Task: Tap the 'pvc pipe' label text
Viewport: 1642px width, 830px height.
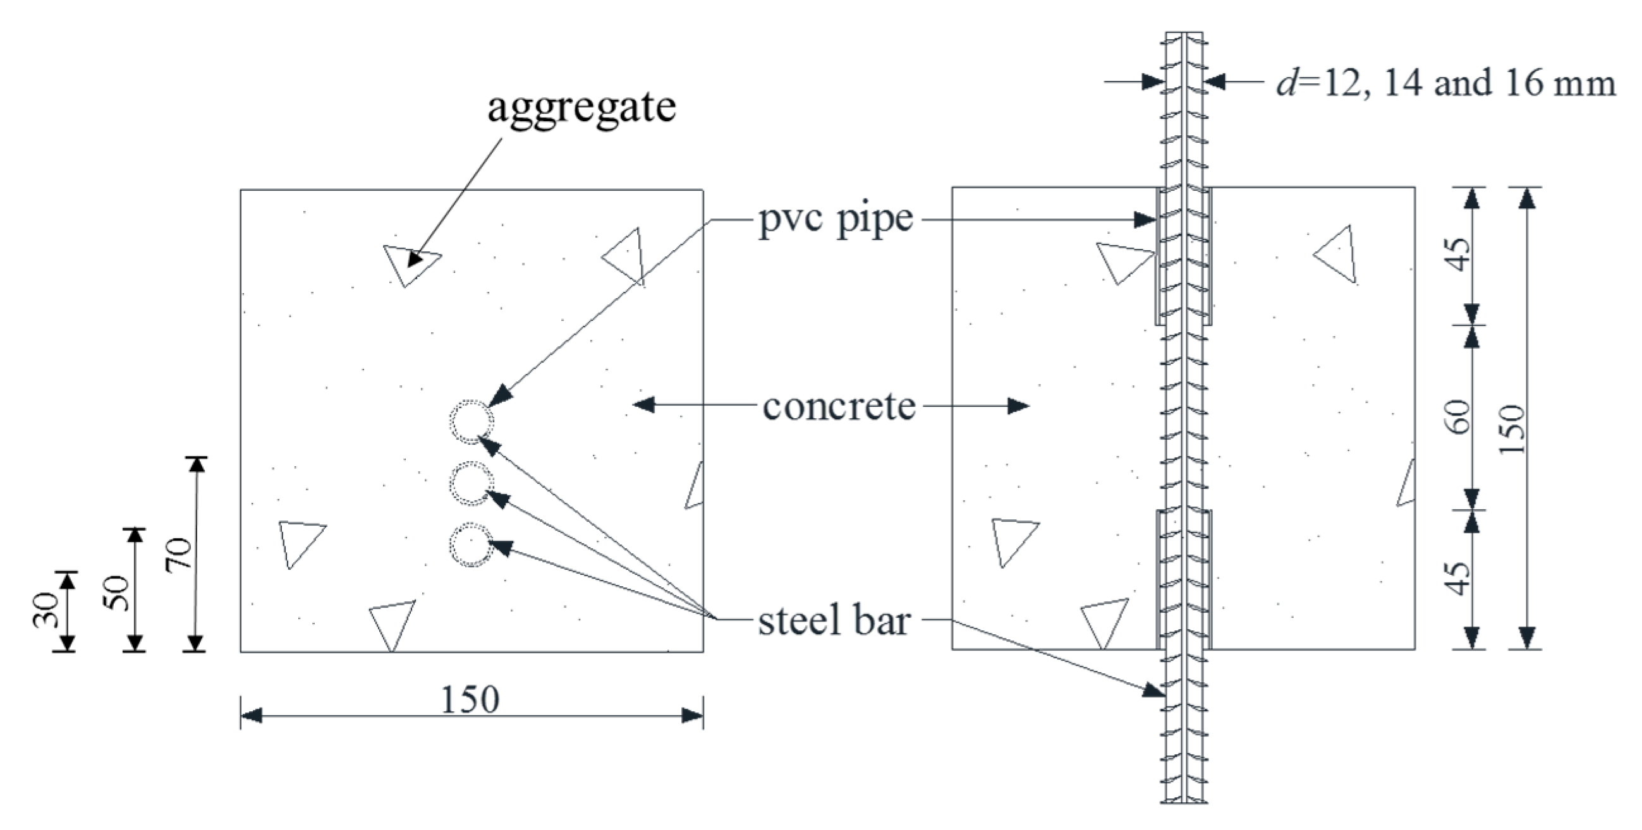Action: coord(836,220)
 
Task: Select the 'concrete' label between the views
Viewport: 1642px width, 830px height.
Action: coord(839,406)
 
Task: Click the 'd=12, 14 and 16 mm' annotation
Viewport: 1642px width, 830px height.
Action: coord(1445,83)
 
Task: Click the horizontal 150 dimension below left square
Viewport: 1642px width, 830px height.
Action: coord(470,700)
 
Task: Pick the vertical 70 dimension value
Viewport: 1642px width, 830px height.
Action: coord(178,553)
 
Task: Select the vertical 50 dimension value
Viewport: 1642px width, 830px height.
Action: coord(117,593)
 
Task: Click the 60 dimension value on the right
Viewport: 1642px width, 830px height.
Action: coord(1460,417)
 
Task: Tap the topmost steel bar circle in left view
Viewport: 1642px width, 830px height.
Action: coord(471,421)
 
